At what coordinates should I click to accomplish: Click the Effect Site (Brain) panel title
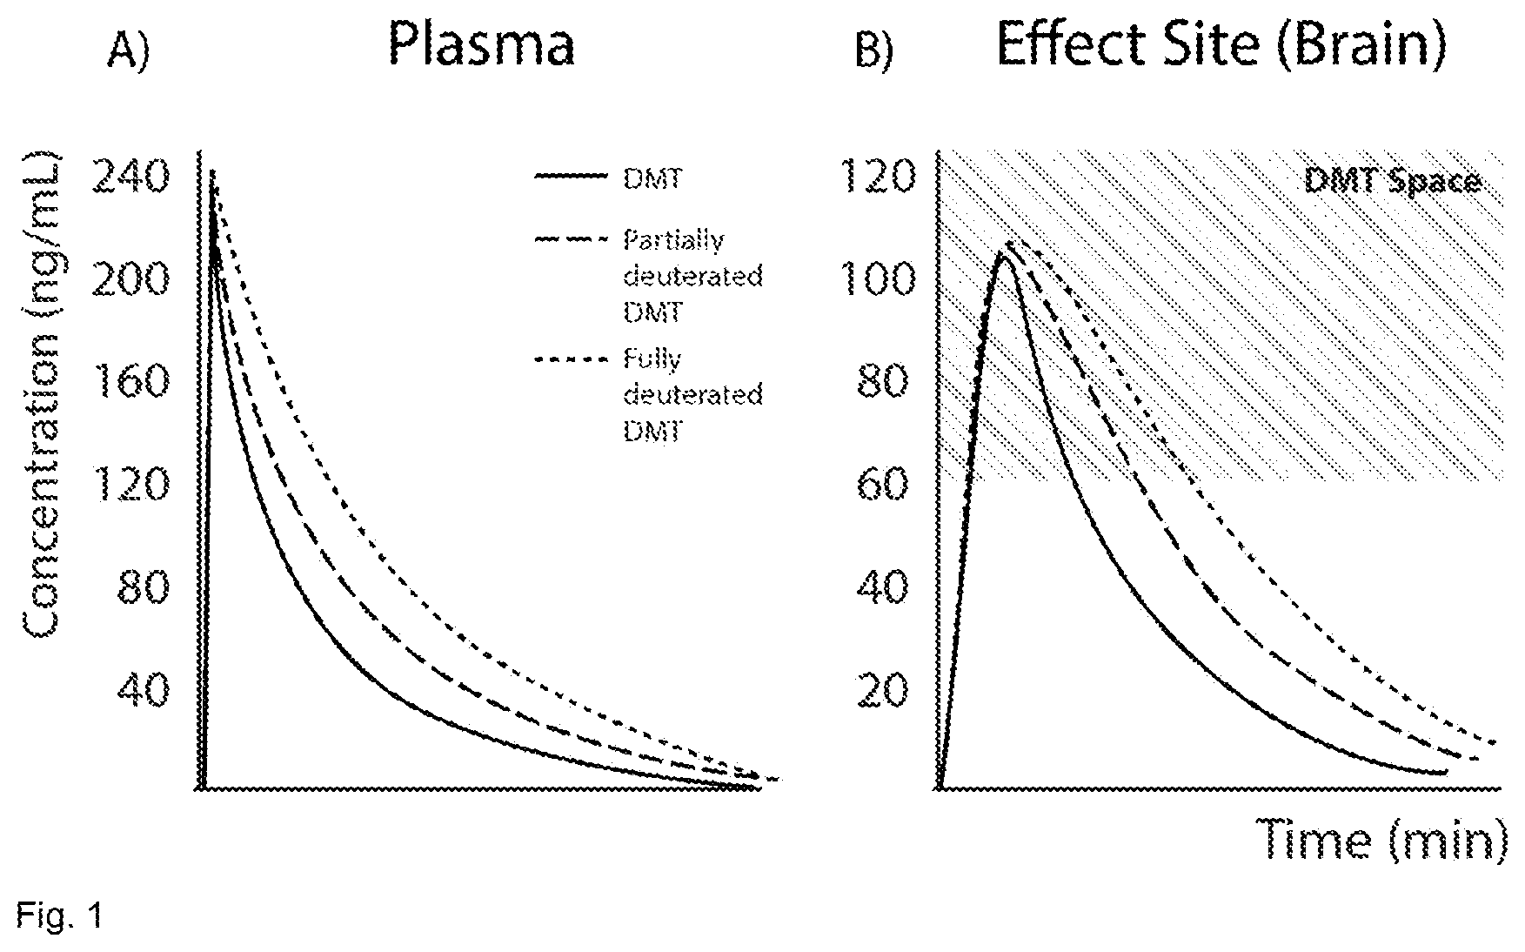coord(1221,45)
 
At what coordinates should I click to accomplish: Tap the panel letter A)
coord(129,51)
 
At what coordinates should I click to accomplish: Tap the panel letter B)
coord(874,51)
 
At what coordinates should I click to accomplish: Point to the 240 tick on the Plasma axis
coord(130,178)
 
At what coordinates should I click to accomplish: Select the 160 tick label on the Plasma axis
coord(132,381)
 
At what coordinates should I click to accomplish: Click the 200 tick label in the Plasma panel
coord(130,279)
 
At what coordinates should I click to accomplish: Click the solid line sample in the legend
coord(570,177)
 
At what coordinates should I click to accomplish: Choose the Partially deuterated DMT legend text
coord(693,276)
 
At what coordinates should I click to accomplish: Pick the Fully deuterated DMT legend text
coord(693,395)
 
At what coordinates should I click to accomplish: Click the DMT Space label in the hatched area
coord(1392,181)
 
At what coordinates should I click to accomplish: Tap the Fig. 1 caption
coord(59,916)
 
